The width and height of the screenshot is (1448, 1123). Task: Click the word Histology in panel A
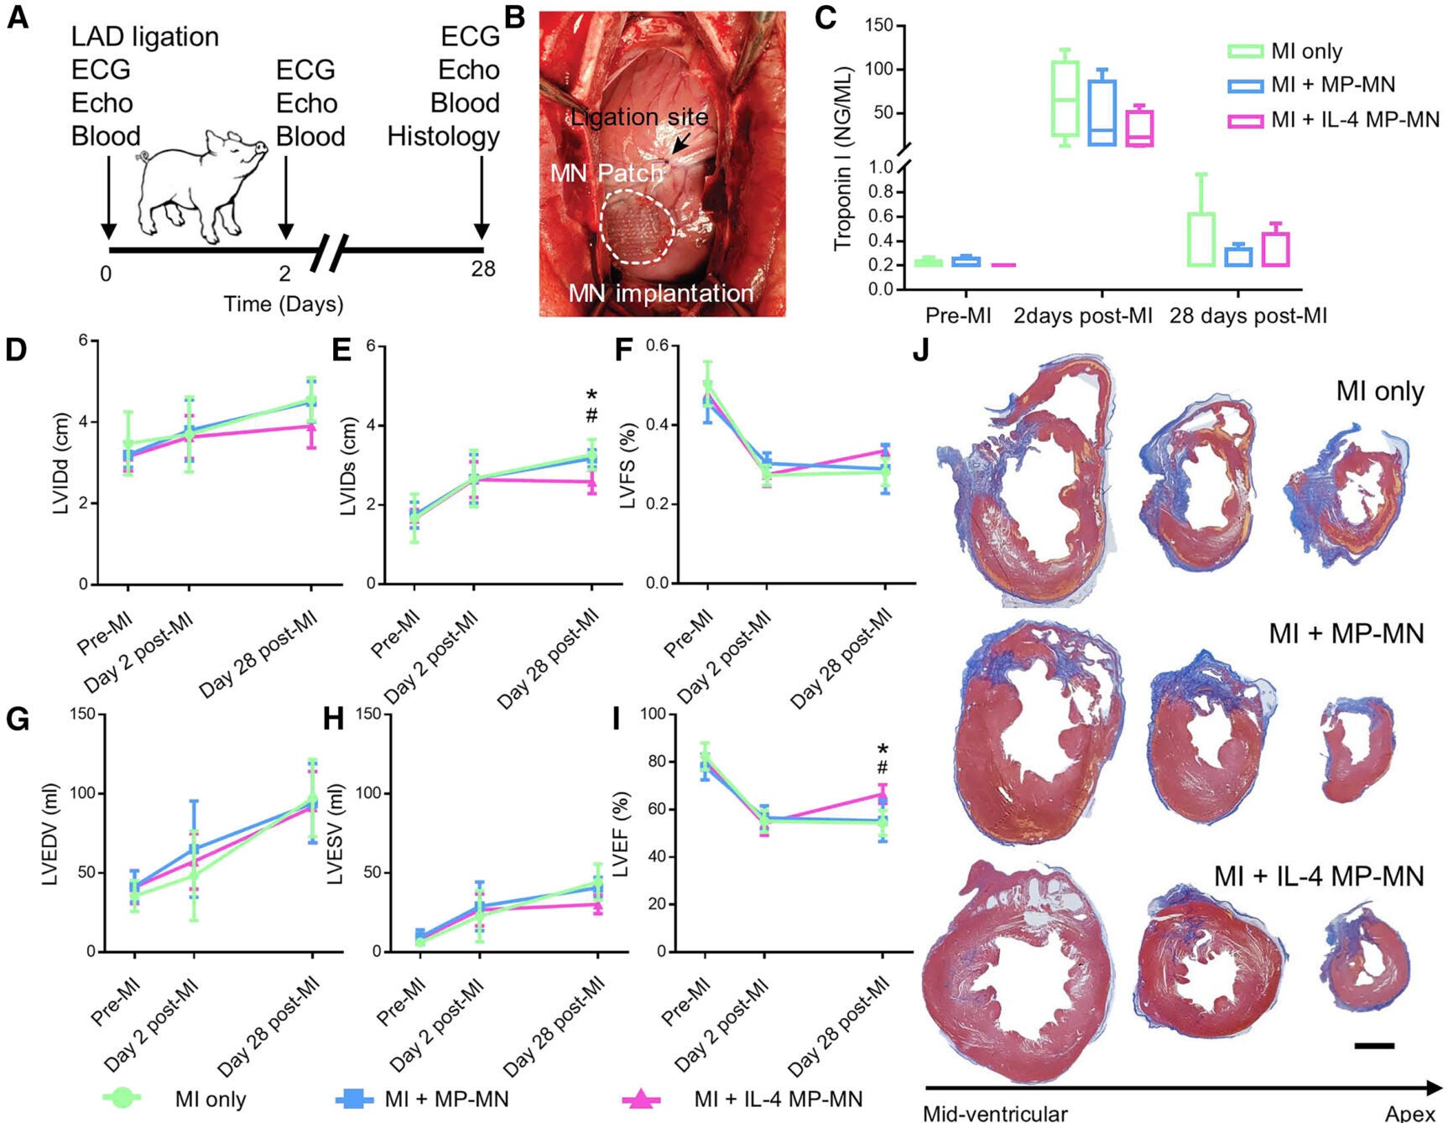pos(443,136)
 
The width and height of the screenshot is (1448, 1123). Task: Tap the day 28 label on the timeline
pos(482,269)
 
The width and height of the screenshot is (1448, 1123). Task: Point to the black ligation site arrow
pos(680,145)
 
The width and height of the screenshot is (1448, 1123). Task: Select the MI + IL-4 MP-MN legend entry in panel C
pos(1334,120)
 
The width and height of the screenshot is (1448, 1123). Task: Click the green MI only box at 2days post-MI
pos(1065,98)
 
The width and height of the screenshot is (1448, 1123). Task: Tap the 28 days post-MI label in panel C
pos(1247,316)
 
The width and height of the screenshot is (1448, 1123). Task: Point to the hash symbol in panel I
pos(882,768)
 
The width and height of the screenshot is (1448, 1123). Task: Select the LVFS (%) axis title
pos(627,465)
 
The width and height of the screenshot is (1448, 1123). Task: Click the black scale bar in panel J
pos(1373,1046)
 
